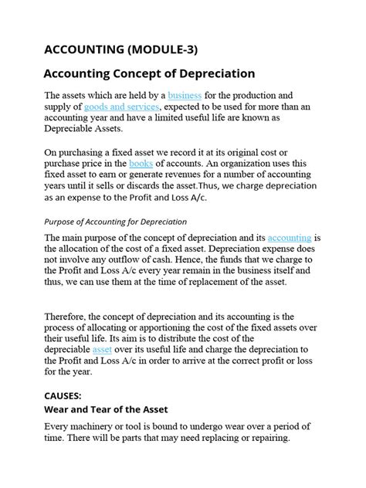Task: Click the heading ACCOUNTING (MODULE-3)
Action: tap(120, 50)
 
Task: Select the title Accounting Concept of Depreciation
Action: tap(148, 74)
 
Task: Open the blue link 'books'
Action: tap(141, 164)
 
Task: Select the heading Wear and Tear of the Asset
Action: tap(106, 408)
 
